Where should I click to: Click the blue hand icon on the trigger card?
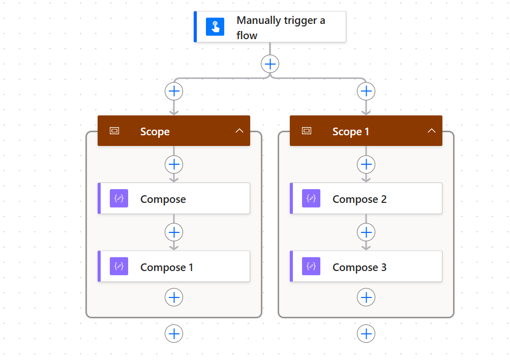coord(215,26)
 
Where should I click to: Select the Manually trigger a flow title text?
coord(281,27)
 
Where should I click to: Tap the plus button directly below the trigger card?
coord(270,64)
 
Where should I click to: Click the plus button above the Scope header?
coord(174,92)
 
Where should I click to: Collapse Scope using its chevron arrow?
coord(239,131)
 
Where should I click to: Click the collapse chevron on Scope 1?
coord(432,131)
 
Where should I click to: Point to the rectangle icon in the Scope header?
coord(114,131)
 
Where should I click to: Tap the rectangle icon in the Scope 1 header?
coord(307,131)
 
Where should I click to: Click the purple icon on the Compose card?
coord(119,198)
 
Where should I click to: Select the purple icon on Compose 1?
coord(119,266)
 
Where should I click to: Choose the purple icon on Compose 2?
coord(311,198)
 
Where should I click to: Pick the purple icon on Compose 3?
coord(311,266)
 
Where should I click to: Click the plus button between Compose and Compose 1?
coord(174,232)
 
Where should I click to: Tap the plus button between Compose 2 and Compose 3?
coord(366,232)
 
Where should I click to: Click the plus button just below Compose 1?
coord(174,297)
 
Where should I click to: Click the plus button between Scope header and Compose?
coord(174,165)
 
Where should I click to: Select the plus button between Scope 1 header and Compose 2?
coord(366,165)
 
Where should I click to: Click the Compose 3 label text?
coord(359,267)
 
